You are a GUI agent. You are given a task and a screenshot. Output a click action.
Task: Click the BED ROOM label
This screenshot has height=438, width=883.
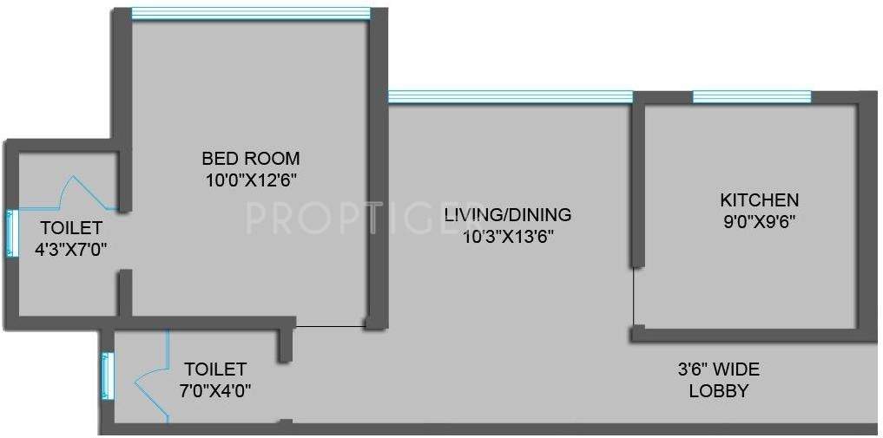[x=251, y=159]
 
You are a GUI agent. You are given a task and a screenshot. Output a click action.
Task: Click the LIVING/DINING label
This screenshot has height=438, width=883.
[x=507, y=214]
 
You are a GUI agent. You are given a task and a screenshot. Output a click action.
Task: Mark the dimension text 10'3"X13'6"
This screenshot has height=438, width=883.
[x=507, y=234]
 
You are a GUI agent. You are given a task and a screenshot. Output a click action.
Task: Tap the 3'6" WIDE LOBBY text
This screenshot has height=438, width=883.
[x=718, y=380]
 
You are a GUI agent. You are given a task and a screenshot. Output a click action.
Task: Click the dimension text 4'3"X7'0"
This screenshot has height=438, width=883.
[x=71, y=249]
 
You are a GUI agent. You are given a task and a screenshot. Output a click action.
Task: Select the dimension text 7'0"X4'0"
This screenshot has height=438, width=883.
[x=215, y=389]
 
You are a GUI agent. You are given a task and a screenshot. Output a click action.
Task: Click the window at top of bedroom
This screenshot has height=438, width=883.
[x=250, y=13]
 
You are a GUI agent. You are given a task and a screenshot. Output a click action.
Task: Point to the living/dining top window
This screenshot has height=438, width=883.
[x=510, y=96]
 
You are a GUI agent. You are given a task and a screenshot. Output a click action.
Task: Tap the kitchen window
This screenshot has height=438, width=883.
[x=752, y=96]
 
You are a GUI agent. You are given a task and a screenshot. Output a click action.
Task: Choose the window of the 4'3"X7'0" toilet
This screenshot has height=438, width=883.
[x=11, y=232]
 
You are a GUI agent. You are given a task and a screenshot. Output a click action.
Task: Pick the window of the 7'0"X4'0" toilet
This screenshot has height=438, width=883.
[x=107, y=375]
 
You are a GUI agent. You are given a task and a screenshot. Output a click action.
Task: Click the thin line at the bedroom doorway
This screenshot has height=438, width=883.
[x=330, y=327]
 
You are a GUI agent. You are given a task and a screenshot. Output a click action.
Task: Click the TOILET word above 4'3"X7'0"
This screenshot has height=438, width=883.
[x=71, y=228]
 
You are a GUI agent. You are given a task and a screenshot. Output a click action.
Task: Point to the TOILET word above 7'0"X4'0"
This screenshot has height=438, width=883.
[x=215, y=369]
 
